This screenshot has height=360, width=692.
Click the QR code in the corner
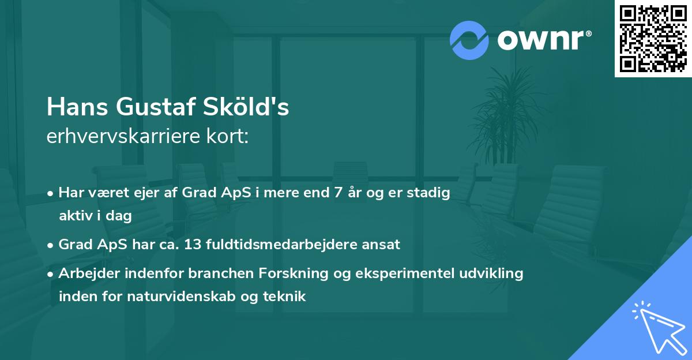pyautogui.click(x=653, y=38)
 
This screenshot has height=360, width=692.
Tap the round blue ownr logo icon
pyautogui.click(x=469, y=40)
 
